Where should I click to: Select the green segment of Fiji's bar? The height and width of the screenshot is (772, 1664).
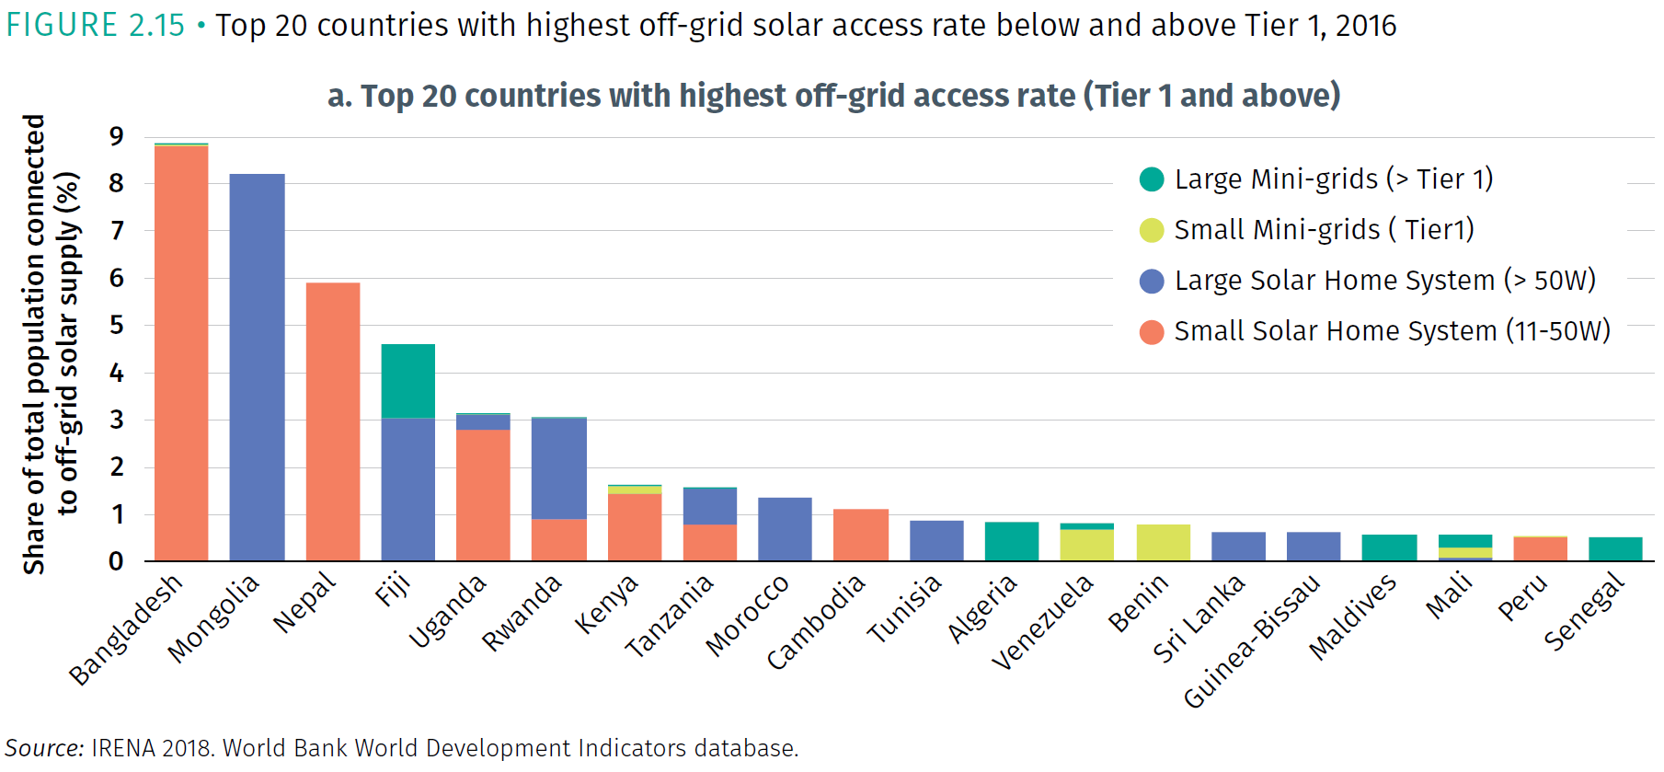pos(408,381)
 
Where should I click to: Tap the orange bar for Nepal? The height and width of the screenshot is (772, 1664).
pos(333,421)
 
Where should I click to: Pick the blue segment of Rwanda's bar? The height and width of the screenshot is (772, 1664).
pos(559,468)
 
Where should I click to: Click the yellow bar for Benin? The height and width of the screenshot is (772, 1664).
pos(1164,542)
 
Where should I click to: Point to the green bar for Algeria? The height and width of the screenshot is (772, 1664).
pos(1012,541)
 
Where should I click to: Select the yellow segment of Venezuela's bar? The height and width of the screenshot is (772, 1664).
pos(1087,545)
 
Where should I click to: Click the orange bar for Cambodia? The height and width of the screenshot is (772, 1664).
pos(861,535)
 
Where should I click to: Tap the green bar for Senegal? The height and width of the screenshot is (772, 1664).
pos(1615,548)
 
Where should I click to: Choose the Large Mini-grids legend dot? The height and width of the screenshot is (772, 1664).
pos(1152,179)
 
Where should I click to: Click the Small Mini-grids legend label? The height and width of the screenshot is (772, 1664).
pos(1324,229)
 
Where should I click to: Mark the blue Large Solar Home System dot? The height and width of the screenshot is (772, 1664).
pos(1152,281)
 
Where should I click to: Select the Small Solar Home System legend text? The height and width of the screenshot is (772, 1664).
pos(1392,331)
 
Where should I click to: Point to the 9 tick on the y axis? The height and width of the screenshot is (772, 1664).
pos(116,137)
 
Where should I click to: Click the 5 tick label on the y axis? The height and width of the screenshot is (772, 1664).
pos(116,325)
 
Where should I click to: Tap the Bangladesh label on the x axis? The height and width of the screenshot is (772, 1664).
pos(126,629)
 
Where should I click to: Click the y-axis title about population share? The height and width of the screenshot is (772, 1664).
pos(51,345)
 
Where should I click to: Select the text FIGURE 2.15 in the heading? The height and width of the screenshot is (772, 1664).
pos(96,25)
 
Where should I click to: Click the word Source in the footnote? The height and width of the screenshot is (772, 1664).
pos(44,748)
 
